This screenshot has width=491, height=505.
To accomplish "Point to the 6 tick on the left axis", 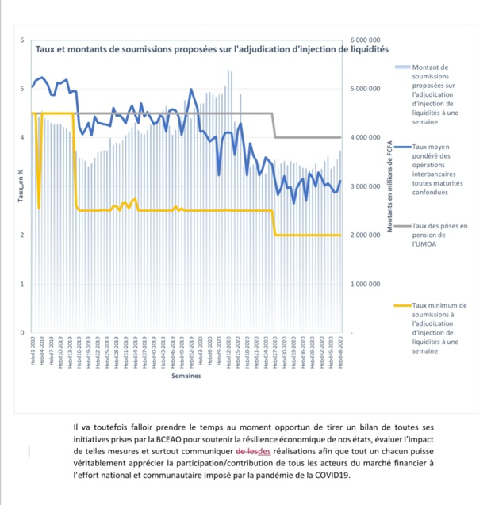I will coord(22,40).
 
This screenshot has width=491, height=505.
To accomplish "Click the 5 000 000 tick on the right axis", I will coord(366,89).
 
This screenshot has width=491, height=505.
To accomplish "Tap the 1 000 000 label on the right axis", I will coord(366,284).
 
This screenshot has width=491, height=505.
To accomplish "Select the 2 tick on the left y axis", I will coord(22,235).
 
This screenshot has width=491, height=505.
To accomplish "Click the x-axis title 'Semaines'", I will coord(186,377).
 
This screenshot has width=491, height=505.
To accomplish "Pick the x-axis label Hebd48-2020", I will coord(341,351).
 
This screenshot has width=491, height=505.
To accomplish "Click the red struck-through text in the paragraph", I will coord(252,451).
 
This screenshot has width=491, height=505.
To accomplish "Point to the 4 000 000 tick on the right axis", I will coord(366,138).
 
